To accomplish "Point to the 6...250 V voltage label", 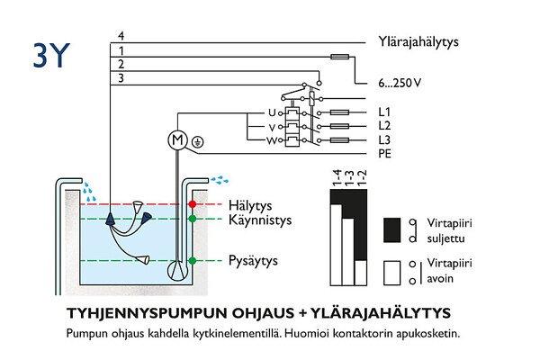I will click(400, 83).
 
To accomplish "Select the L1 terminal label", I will click(384, 112).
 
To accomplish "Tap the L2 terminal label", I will click(384, 125).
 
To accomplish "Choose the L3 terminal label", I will click(384, 139).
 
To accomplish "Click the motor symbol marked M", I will click(176, 139).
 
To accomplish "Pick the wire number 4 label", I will click(121, 36).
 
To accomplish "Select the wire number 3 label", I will click(121, 79).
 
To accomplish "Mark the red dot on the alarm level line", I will click(192, 205).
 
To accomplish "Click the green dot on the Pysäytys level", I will click(192, 261).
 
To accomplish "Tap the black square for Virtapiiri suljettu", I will click(393, 231).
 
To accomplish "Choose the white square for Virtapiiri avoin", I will click(393, 273).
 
